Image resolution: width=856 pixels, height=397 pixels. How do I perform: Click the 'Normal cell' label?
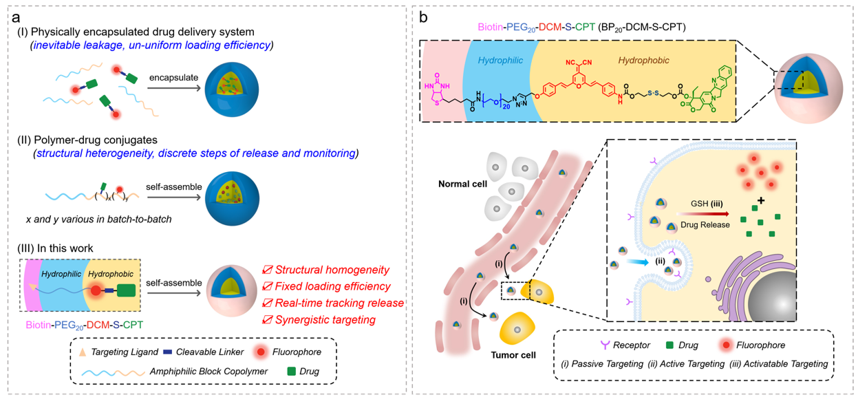click(462, 185)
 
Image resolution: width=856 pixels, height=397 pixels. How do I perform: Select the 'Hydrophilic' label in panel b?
click(502, 61)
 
